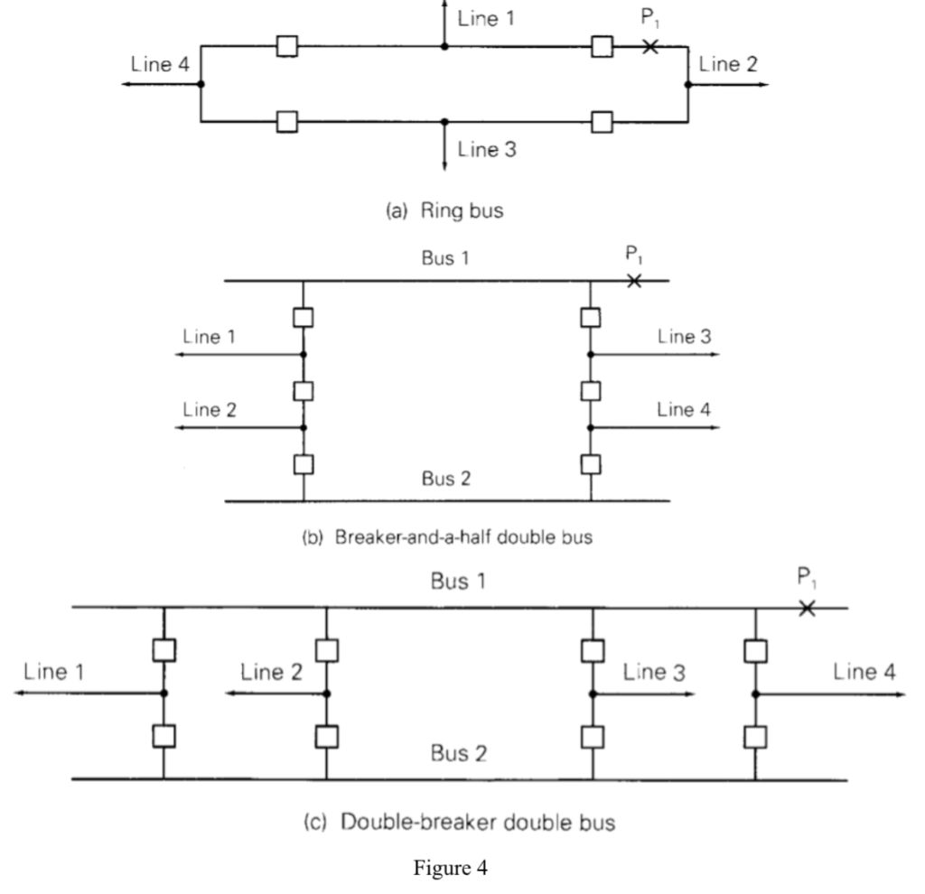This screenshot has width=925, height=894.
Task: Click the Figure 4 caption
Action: pos(462,872)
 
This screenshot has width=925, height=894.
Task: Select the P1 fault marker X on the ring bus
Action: pos(649,45)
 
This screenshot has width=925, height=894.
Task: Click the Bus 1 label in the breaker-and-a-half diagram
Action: pos(445,258)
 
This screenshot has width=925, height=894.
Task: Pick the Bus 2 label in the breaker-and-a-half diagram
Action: pos(445,479)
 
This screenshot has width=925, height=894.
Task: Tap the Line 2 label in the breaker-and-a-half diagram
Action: pos(210,408)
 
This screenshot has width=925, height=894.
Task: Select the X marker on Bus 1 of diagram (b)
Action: pos(634,282)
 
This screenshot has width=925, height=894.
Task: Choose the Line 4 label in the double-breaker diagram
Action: pos(866,671)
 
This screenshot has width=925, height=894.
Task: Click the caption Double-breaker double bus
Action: pos(462,823)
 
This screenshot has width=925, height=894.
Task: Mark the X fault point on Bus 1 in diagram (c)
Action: pos(807,608)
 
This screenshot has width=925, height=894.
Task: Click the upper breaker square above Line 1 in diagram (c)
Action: pos(164,649)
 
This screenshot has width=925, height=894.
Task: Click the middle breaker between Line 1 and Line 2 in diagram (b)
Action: pos(304,391)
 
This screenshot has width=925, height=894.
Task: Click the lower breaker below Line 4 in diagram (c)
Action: pos(754,736)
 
